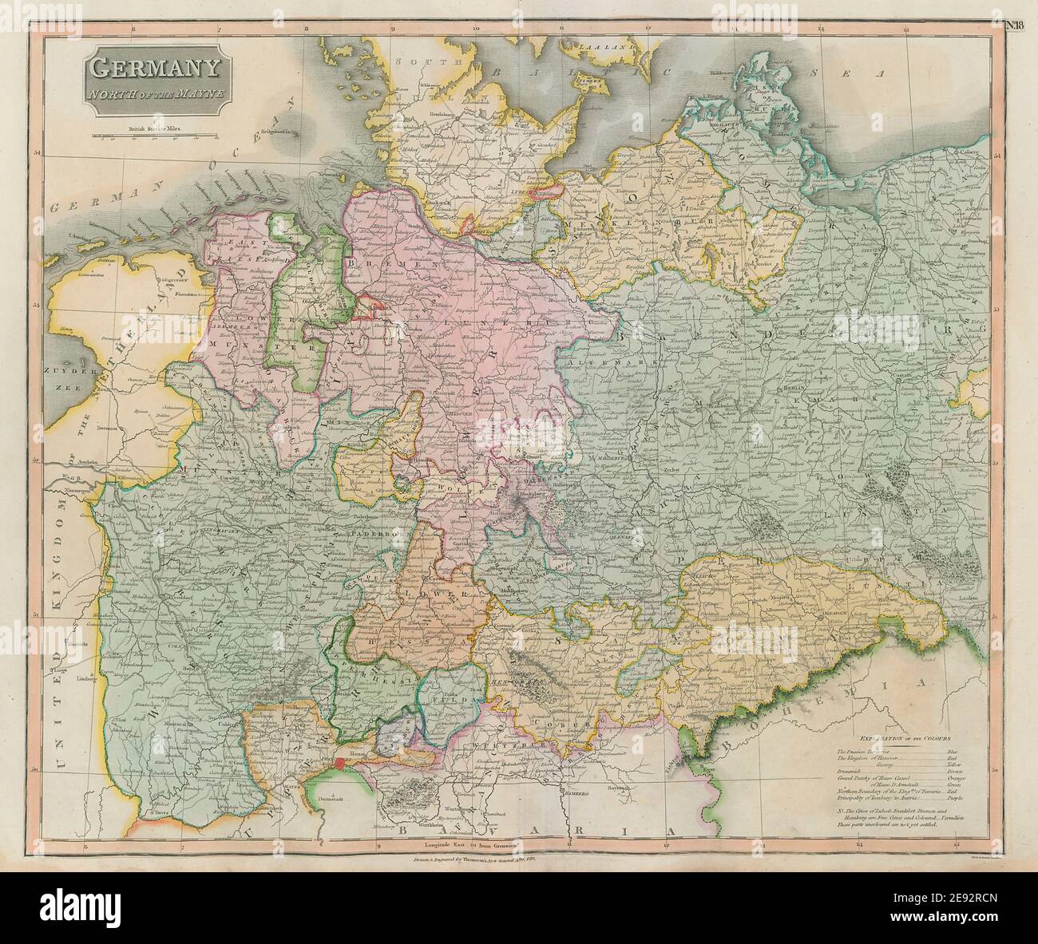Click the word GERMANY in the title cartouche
click(156, 69)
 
